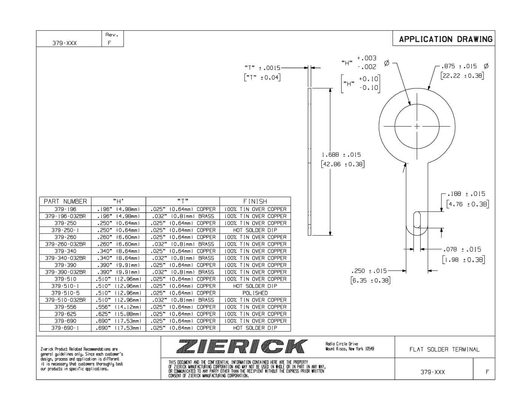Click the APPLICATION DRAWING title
(445, 39)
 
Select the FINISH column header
(255, 201)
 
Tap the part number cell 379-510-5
(65, 293)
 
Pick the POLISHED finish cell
(255, 293)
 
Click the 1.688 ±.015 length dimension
(341, 155)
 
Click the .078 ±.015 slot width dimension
(462, 249)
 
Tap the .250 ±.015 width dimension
(369, 271)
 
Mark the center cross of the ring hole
(417, 126)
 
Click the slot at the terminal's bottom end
(417, 220)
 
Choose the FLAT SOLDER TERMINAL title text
(444, 349)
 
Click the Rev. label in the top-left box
(112, 35)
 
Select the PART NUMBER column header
(65, 201)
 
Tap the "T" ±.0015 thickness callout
(262, 68)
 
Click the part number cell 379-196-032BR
(65, 216)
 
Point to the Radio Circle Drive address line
(342, 344)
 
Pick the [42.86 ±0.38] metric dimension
(342, 164)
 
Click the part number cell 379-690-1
(65, 328)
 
